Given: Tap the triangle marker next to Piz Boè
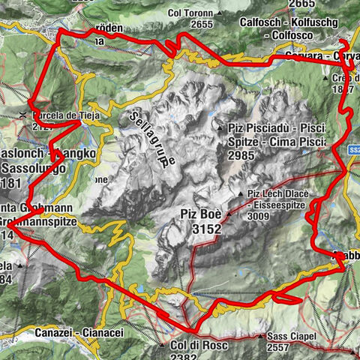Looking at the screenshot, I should pos(228,214).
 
